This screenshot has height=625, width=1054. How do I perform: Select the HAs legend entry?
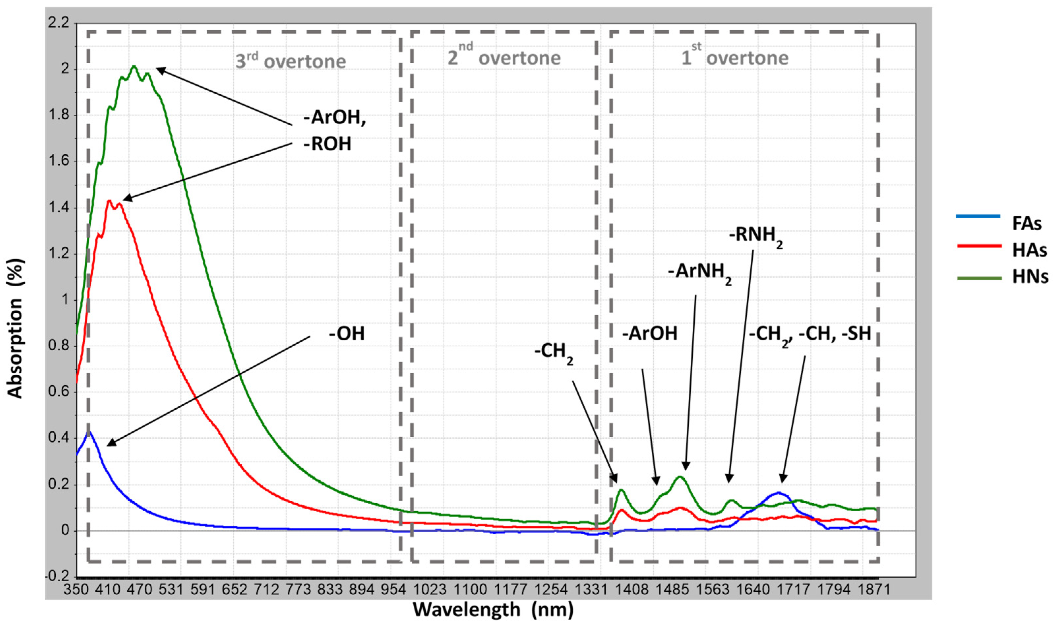pos(1029,250)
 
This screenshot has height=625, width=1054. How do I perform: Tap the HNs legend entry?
pos(1030,277)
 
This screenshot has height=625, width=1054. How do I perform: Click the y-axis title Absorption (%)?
pos(15,328)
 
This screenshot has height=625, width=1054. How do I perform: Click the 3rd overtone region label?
pos(290,61)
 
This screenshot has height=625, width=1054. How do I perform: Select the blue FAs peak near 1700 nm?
pos(779,492)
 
